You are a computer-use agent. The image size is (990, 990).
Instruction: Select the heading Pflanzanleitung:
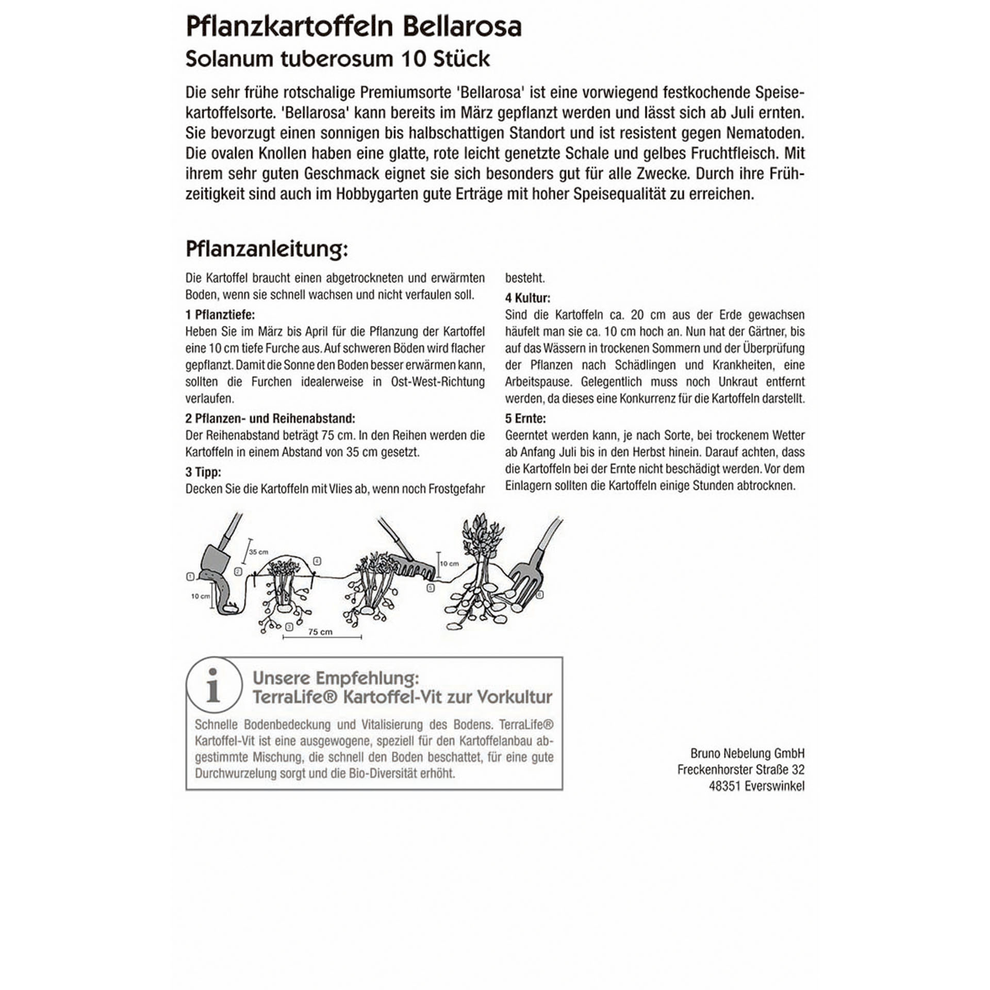(267, 249)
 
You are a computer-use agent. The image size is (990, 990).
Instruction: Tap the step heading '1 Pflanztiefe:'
(220, 315)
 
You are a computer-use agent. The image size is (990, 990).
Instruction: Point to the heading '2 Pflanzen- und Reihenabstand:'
(270, 418)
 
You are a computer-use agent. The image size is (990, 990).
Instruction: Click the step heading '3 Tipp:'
(203, 472)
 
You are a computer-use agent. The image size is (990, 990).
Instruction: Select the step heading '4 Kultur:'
(527, 298)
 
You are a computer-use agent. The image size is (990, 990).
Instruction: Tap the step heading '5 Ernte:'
(525, 418)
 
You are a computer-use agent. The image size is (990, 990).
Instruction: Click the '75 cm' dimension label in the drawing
(320, 632)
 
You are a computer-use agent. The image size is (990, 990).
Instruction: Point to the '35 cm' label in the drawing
(258, 552)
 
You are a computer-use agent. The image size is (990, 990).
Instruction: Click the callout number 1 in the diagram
(190, 576)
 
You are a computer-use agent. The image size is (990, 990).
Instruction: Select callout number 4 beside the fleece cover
(317, 561)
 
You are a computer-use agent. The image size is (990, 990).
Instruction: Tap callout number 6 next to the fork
(540, 595)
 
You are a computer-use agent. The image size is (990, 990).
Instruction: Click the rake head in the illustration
(410, 567)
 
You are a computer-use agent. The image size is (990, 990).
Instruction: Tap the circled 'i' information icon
(213, 685)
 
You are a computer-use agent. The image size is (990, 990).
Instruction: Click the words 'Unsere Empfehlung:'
(336, 678)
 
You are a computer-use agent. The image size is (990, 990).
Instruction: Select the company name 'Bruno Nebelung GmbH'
(747, 753)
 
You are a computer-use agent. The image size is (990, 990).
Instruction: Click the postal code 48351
(724, 786)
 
